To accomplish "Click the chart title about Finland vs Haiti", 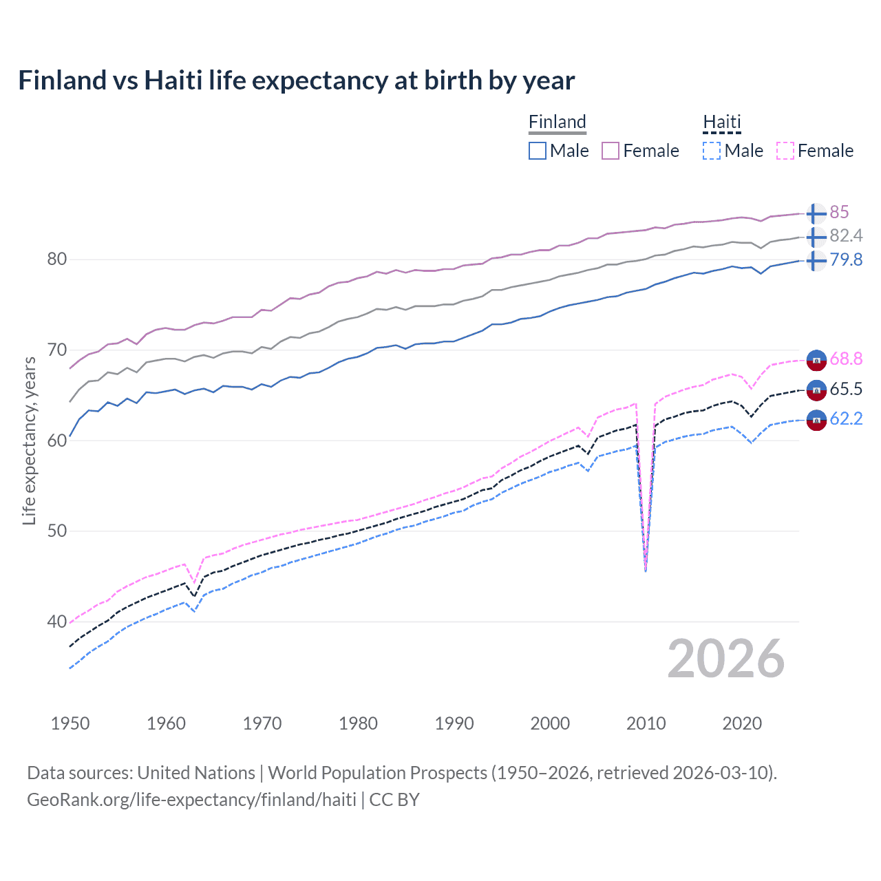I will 296,81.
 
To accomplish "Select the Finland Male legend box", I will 538,151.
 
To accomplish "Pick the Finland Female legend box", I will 611,151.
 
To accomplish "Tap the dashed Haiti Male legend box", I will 712,151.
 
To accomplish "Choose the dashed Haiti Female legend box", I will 785,151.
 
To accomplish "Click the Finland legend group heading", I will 557,123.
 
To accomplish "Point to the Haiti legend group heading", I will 721,123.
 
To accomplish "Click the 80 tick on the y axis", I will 56,259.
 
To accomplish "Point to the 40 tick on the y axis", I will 56,622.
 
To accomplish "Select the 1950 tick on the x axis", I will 70,723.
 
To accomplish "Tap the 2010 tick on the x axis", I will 646,723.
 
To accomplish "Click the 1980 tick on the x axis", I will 358,723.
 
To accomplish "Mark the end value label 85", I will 839,212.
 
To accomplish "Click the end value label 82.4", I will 846,236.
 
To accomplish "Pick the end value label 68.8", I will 846,359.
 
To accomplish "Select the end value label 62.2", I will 846,418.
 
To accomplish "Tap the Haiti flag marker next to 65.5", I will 816,390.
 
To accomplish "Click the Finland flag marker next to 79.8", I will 816,261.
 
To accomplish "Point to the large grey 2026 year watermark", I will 725,659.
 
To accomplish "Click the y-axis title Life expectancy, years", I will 29,440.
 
